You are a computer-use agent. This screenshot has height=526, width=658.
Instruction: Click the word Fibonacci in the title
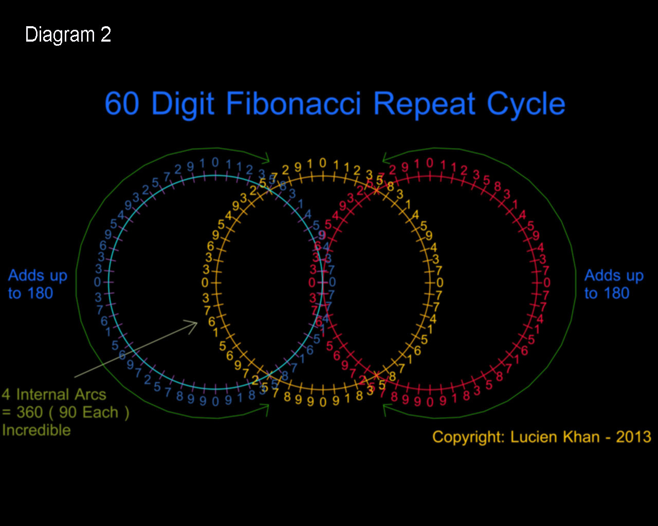294,104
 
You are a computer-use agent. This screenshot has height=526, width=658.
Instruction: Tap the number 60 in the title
122,104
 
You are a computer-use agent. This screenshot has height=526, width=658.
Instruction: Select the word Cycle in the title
526,105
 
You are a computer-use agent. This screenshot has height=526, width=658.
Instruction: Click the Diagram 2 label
68,35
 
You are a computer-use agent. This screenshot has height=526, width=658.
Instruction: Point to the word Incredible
36,430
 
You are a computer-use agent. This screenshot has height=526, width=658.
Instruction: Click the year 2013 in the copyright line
633,437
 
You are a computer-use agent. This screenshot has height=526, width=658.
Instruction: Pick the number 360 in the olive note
30,412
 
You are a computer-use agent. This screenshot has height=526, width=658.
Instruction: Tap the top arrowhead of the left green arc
266,156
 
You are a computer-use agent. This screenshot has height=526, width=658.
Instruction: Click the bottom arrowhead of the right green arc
387,408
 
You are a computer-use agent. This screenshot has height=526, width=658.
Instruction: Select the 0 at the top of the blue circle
215,163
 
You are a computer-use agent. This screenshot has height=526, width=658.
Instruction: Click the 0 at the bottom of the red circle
430,402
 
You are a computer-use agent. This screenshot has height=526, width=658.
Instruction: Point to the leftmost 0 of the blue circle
97,282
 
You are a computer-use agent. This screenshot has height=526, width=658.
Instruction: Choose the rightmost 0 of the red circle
547,282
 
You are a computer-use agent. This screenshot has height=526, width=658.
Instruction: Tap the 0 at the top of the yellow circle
322,163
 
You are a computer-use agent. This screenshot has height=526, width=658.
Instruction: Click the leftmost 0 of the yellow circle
205,283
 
